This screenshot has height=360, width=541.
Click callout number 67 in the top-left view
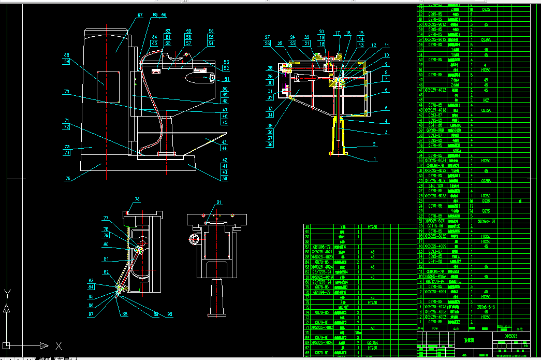(140, 16)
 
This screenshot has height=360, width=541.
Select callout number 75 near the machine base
(68, 179)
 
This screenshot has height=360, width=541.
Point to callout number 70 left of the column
(66, 92)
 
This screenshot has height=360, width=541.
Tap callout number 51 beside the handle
(226, 79)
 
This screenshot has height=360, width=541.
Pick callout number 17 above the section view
(338, 33)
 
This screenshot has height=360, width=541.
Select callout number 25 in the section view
(280, 44)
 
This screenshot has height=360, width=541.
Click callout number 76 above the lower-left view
(137, 199)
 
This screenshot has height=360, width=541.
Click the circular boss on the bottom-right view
(195, 239)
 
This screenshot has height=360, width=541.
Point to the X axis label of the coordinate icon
(59, 345)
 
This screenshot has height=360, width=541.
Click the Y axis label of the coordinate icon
(6, 294)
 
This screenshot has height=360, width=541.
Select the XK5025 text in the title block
(511, 336)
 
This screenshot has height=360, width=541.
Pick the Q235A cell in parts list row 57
(486, 39)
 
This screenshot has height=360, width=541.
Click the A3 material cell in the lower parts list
(372, 327)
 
